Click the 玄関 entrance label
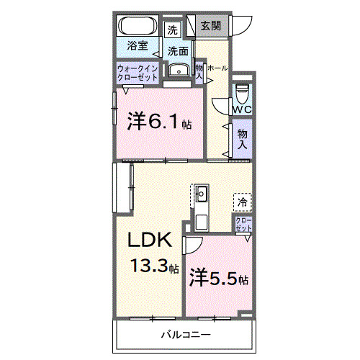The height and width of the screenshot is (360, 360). click(x=210, y=26)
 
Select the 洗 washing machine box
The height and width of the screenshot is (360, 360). click(x=172, y=30)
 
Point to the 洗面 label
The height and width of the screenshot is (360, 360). click(x=179, y=51)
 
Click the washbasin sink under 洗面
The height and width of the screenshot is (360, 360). click(x=177, y=70)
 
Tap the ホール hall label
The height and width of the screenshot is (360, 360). click(x=217, y=68)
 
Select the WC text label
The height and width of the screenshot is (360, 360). click(x=242, y=109)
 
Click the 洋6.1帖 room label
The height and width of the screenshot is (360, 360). click(x=159, y=121)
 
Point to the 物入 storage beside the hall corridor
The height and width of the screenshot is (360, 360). click(x=242, y=138)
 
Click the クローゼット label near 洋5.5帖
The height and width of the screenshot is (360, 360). click(x=243, y=224)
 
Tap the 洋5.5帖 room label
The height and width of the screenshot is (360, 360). click(x=219, y=277)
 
